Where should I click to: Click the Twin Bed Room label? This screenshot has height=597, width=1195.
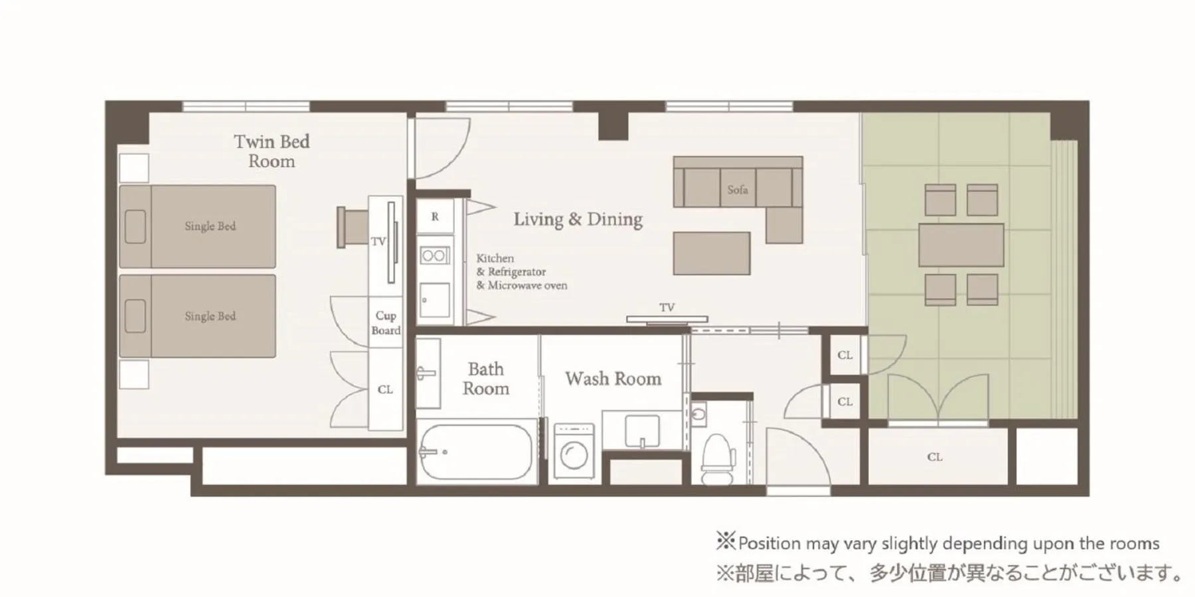(x=272, y=151)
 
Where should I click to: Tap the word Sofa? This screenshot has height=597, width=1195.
(x=738, y=190)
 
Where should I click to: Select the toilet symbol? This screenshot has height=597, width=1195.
(x=718, y=457)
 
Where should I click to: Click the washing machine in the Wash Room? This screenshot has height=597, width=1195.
(x=574, y=453)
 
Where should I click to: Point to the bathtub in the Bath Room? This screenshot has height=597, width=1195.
(x=476, y=452)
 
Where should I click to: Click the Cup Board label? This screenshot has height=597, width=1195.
(x=386, y=323)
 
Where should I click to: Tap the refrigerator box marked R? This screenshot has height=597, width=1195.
(x=435, y=216)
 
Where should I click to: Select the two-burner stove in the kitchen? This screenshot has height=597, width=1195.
(x=435, y=255)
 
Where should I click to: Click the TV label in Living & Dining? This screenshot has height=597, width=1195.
(x=667, y=307)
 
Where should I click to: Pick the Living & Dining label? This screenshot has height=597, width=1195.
(x=578, y=220)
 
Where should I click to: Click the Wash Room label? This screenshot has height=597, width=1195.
(x=613, y=379)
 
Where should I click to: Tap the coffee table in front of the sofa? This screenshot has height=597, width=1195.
(x=711, y=253)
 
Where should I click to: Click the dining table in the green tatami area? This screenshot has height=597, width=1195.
(x=961, y=245)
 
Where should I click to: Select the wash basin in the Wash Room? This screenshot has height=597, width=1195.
(x=642, y=431)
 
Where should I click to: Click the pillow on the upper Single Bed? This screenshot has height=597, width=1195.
(x=135, y=227)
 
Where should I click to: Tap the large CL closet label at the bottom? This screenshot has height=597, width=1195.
(x=935, y=457)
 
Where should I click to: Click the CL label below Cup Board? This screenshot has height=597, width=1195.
(x=385, y=390)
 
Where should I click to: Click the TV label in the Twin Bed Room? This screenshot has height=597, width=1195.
(x=378, y=241)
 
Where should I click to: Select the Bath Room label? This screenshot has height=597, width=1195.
(x=486, y=379)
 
